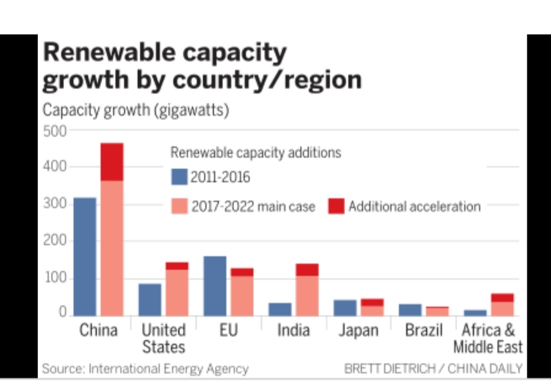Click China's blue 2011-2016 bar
pos(85,256)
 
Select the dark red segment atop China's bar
pos(112,162)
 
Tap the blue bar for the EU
pos(214,286)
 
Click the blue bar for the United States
pos(149,299)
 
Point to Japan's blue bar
pos(345,308)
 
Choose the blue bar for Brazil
pos(410,310)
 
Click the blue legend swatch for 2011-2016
pos(179,177)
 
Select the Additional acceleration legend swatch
pos(336,206)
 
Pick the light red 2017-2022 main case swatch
pos(179,206)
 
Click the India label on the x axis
pos(293,330)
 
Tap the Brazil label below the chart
pos(424,330)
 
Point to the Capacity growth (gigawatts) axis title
pos(136,110)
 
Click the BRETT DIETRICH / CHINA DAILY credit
pos(433,368)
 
